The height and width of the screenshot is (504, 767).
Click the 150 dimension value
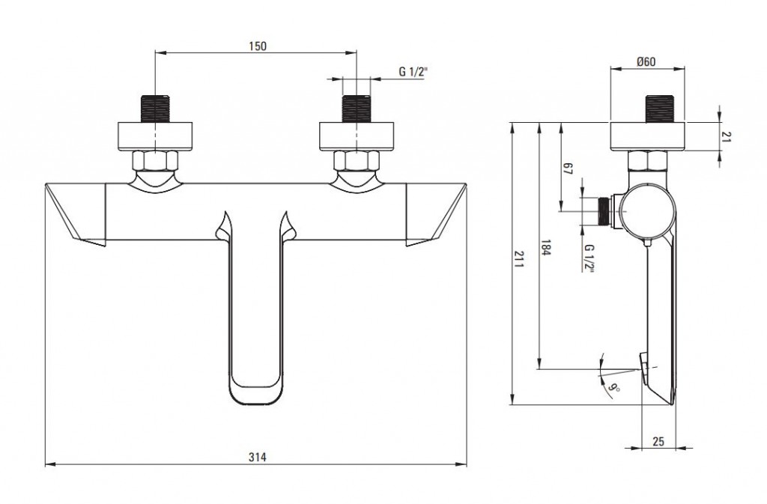tap(257, 46)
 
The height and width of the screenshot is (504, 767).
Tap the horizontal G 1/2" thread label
tap(413, 72)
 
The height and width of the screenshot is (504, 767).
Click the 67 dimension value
tap(567, 169)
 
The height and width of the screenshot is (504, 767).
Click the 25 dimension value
tap(658, 441)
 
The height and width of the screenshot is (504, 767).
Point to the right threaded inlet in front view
tap(356, 108)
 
